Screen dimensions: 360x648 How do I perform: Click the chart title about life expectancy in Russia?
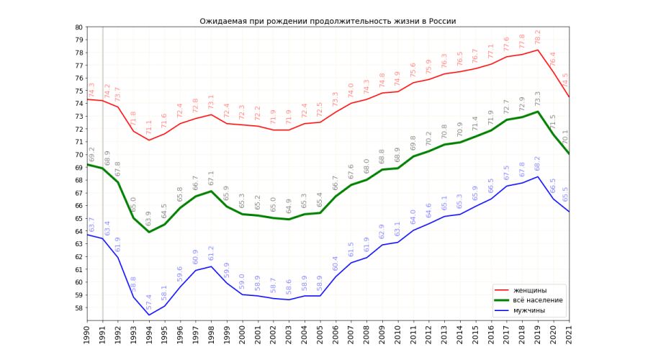tap(328, 22)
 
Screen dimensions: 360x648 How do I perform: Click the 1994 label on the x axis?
tap(150, 333)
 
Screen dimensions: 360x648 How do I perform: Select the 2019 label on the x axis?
tap(538, 333)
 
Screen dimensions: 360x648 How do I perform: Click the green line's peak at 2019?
tap(538, 112)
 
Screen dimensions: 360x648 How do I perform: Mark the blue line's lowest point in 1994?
tap(150, 315)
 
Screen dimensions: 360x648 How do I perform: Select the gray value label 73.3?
tap(538, 99)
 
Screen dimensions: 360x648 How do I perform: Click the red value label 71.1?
tap(150, 127)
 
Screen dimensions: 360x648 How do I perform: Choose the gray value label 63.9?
tap(150, 218)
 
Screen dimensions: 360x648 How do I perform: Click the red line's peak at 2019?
tap(538, 50)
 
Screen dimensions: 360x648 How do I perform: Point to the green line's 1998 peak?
tap(212, 191)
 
